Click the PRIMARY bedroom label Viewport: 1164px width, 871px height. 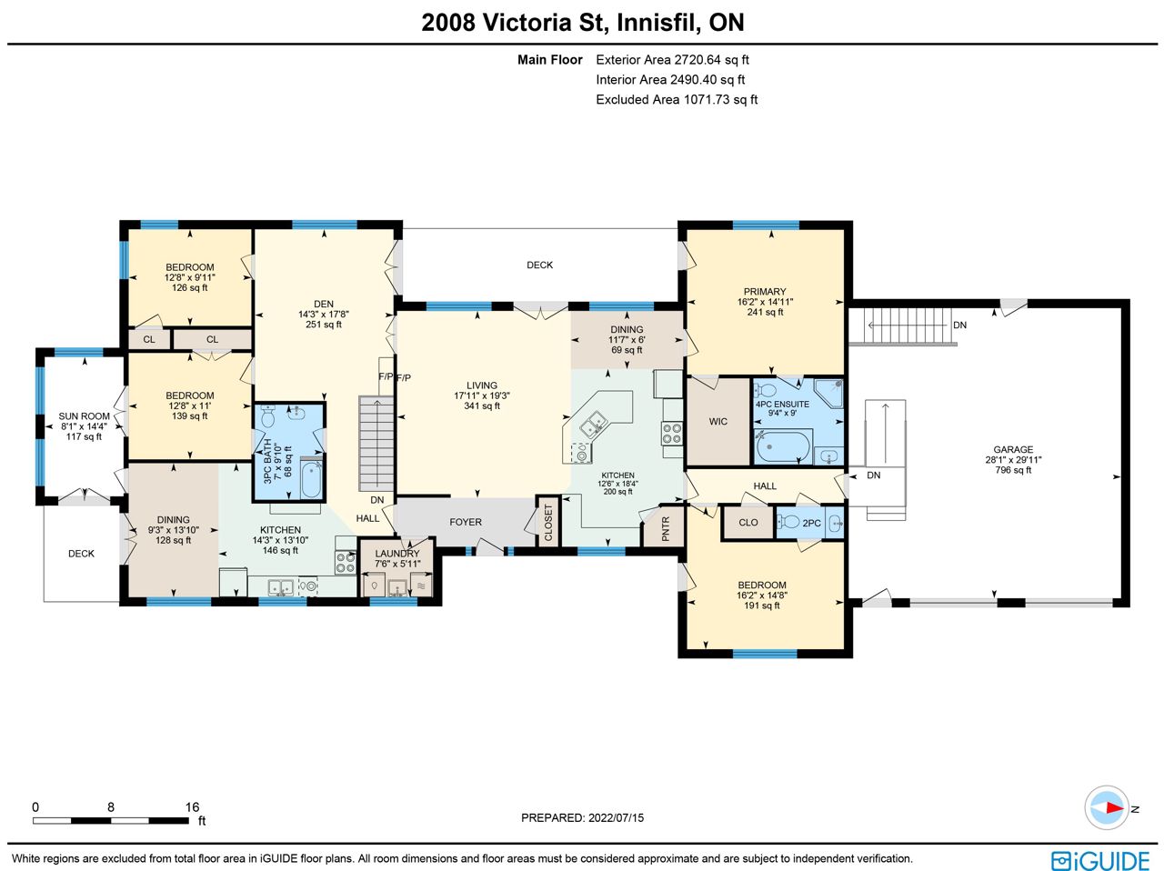764,292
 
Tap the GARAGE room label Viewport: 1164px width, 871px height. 1013,449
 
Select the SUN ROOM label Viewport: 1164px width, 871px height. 84,416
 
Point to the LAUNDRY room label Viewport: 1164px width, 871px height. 396,554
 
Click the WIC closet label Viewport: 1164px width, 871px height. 718,422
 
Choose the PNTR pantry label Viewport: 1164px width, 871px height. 666,528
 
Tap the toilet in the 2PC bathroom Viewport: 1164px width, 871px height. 788,522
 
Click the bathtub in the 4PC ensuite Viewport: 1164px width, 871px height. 783,447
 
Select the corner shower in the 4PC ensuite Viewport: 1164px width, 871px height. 828,393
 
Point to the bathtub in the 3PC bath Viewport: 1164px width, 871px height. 311,480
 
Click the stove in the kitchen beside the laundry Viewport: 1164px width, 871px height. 346,563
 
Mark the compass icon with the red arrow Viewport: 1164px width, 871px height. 1106,807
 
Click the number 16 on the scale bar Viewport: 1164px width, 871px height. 192,806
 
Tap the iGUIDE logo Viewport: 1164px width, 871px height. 1100,860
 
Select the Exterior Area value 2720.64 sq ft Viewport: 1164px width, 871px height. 711,59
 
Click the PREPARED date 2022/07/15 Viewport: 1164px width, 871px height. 616,818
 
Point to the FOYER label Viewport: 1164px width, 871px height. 466,522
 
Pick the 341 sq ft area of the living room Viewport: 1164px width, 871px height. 481,406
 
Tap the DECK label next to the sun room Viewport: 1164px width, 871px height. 81,554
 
